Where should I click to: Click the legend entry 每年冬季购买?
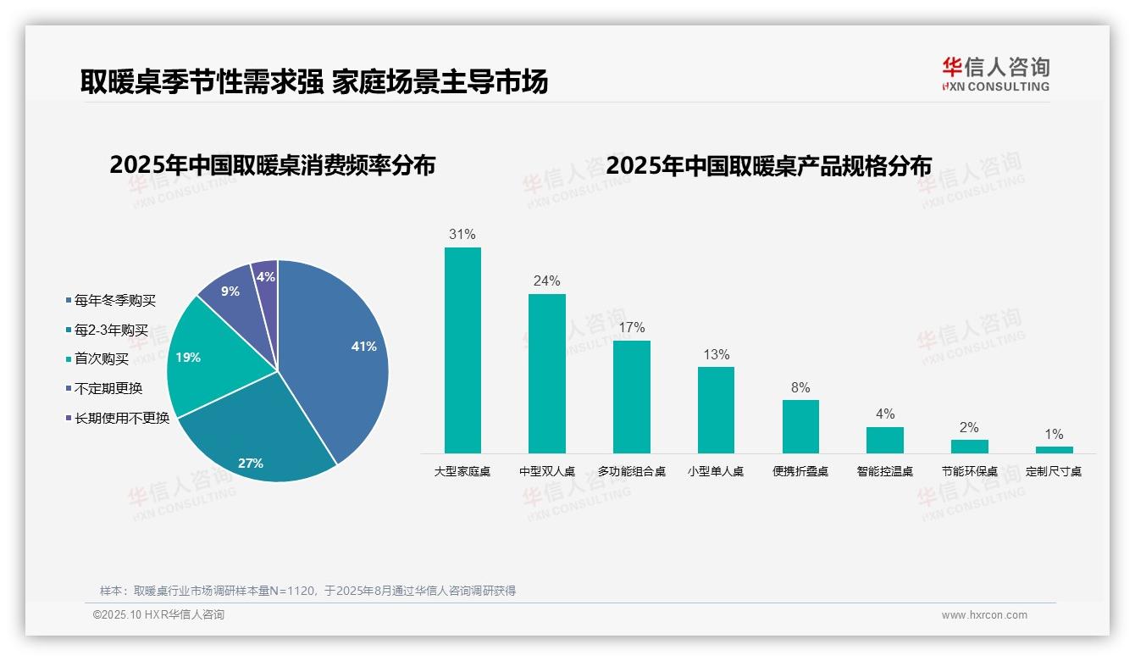[115, 301]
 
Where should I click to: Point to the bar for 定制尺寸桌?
[1054, 449]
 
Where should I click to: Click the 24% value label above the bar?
[546, 281]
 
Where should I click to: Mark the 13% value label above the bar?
[716, 355]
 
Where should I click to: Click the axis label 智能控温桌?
[884, 471]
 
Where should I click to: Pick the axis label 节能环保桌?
[969, 471]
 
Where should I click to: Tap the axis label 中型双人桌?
[546, 471]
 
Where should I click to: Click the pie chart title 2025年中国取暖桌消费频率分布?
[272, 165]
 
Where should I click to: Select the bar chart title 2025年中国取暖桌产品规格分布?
[768, 165]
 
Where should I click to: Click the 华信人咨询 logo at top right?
[995, 74]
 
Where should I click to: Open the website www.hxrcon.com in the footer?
[983, 615]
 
